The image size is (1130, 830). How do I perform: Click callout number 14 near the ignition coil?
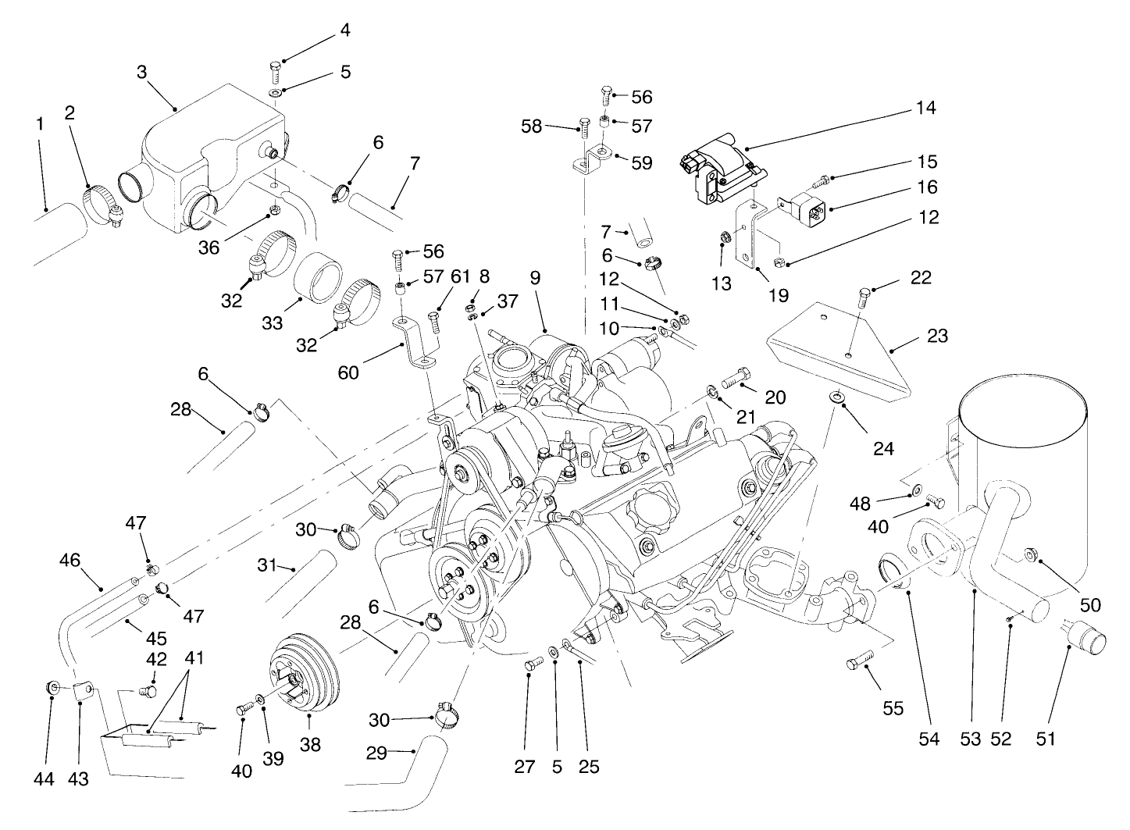926,107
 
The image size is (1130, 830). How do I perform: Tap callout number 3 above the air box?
141,72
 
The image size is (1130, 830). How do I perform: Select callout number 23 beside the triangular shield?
936,336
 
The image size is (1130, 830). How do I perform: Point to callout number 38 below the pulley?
310,746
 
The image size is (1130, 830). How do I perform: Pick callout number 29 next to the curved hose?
378,752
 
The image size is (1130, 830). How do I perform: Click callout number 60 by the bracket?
348,372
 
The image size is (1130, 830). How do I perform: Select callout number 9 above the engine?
534,277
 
